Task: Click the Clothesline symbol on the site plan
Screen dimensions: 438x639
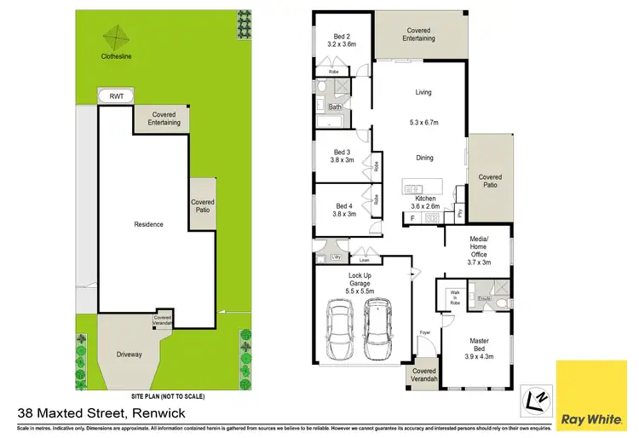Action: click(117, 38)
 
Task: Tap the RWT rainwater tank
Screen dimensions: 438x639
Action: click(117, 97)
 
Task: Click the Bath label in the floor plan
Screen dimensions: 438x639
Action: click(335, 107)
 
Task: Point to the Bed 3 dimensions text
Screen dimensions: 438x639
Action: click(343, 160)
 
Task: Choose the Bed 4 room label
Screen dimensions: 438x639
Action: click(343, 205)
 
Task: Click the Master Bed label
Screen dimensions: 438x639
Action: click(480, 345)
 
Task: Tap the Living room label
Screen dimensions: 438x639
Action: click(423, 92)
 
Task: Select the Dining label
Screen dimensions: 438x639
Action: click(423, 158)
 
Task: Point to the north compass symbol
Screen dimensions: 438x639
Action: click(534, 398)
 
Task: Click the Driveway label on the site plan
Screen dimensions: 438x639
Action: click(129, 354)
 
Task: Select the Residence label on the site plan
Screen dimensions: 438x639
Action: click(148, 224)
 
